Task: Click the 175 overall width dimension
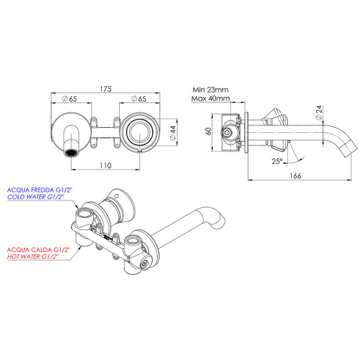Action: pyautogui.click(x=106, y=90)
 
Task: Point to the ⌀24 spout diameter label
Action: pyautogui.click(x=318, y=112)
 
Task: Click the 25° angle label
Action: pyautogui.click(x=277, y=161)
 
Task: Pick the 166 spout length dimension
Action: pyautogui.click(x=295, y=176)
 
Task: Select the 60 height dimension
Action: pyautogui.click(x=209, y=131)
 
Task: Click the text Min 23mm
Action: pyautogui.click(x=211, y=89)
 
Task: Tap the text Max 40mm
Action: pyautogui.click(x=211, y=98)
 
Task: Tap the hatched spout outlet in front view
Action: pyautogui.click(x=72, y=151)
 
